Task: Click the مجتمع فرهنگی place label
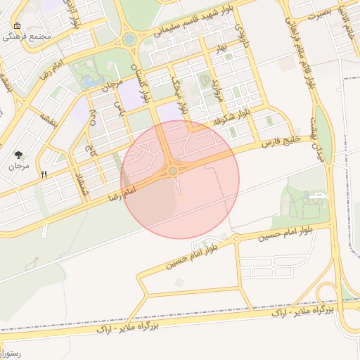tap(28, 37)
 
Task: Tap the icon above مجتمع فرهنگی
tap(17, 26)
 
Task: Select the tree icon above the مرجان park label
tap(17, 154)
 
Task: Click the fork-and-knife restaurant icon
tap(44, 174)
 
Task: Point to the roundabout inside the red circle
tap(173, 171)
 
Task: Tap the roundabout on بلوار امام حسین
tap(236, 240)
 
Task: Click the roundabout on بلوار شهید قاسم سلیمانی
tap(129, 39)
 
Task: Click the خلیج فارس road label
tap(279, 139)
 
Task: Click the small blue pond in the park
tap(91, 82)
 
